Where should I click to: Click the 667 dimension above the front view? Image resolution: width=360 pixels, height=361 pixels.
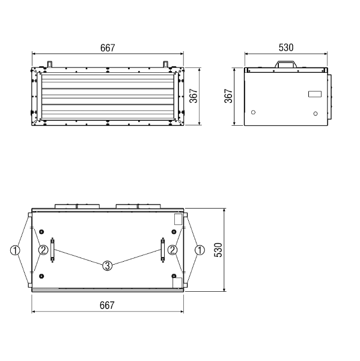click(108, 48)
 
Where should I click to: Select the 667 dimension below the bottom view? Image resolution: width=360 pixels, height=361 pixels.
click(107, 305)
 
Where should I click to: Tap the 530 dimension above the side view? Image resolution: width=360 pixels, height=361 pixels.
click(286, 48)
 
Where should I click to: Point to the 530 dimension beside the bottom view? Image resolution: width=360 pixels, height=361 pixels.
click(218, 250)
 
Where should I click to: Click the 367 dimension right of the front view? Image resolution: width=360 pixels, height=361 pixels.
click(194, 96)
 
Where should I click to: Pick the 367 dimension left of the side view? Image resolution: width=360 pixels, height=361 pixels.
click(228, 96)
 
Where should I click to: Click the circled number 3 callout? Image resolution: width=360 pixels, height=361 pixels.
click(107, 266)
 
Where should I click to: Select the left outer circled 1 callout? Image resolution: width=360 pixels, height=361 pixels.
click(15, 250)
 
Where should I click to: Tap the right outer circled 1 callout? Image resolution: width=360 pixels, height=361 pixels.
click(200, 250)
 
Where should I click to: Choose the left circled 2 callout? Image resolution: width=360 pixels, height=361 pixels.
click(43, 250)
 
